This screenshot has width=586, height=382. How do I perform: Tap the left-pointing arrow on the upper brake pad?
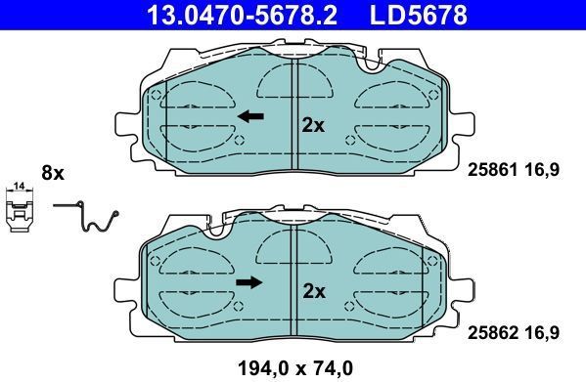pyautogui.click(x=250, y=116)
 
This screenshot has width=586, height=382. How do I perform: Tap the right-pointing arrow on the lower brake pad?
pyautogui.click(x=250, y=283)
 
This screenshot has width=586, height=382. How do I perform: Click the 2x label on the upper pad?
pyautogui.click(x=313, y=125)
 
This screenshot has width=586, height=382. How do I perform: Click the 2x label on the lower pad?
pyautogui.click(x=313, y=290)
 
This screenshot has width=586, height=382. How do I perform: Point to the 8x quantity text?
pyautogui.click(x=52, y=173)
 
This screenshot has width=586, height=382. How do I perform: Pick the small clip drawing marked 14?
pyautogui.click(x=19, y=211)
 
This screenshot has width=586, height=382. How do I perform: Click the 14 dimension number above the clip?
pyautogui.click(x=19, y=185)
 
